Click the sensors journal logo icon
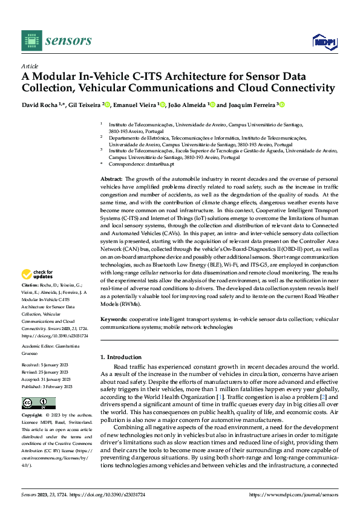[x=32, y=41]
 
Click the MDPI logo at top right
[x=323, y=42]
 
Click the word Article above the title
[x=30, y=66]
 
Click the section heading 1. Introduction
[x=121, y=357]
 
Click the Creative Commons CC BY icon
[x=38, y=403]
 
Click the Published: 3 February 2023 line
[x=47, y=387]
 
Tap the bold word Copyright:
[x=32, y=416]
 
